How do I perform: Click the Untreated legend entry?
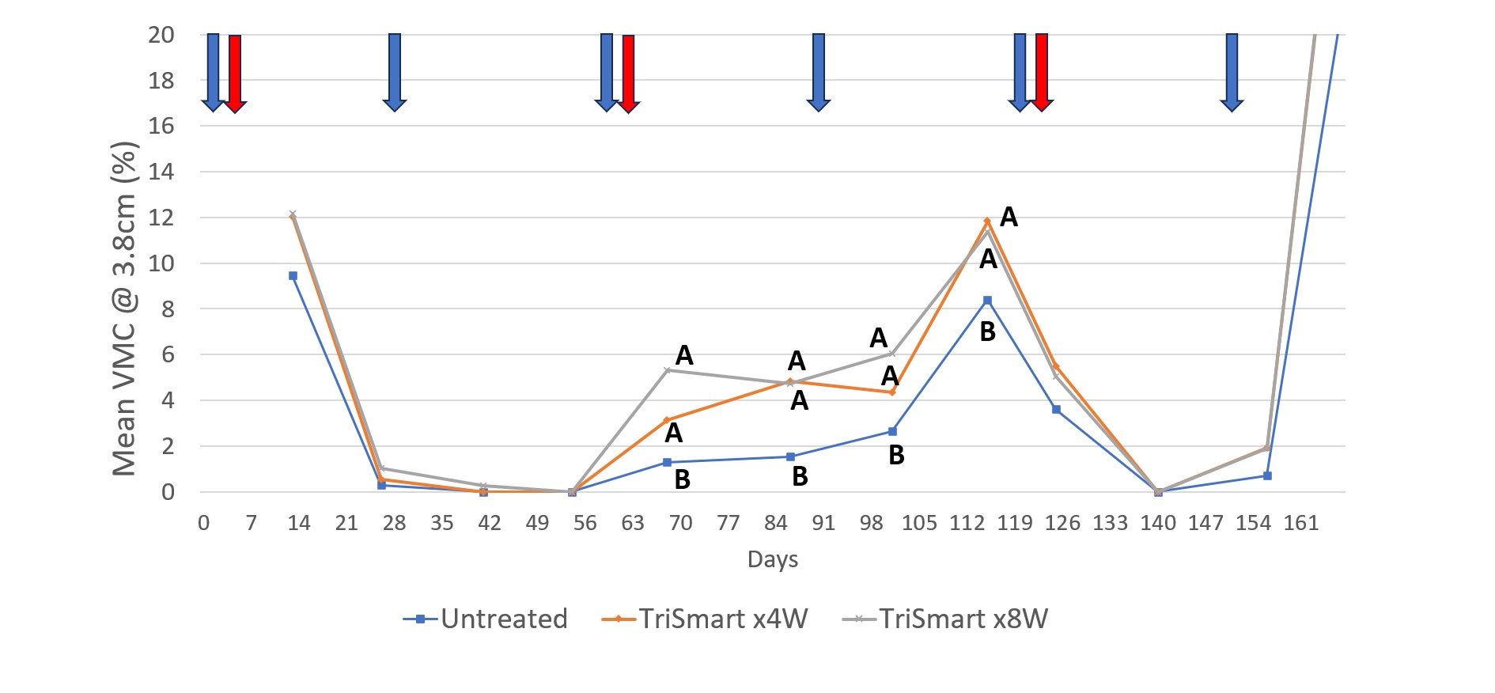[486, 619]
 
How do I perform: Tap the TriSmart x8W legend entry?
[946, 619]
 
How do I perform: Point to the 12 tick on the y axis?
[161, 218]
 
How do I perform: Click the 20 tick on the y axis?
[161, 35]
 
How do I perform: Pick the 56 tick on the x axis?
[585, 523]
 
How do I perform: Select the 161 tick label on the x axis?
[1301, 523]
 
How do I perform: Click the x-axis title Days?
[772, 559]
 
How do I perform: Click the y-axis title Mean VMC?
[125, 309]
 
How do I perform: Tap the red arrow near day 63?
[628, 73]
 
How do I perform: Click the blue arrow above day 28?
[395, 71]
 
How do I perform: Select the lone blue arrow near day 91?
[819, 71]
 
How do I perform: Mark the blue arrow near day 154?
[1232, 71]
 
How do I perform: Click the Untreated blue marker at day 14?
[293, 276]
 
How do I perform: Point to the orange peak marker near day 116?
[987, 221]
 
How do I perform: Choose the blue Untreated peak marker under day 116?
[987, 301]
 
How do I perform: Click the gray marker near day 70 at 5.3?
[668, 370]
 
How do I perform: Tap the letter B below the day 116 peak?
[987, 332]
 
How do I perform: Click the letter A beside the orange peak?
[1009, 217]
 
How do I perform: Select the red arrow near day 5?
[235, 73]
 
